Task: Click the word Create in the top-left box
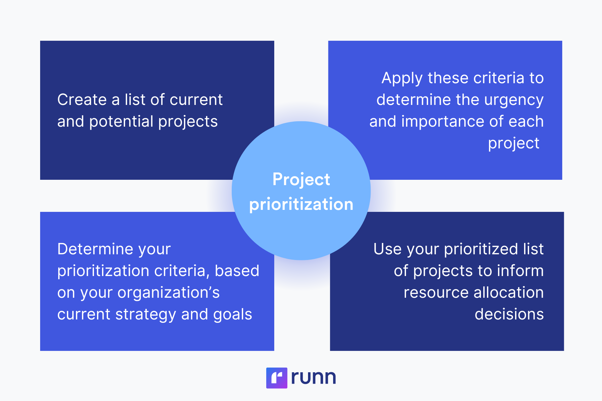[x=82, y=100]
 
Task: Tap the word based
[x=237, y=271]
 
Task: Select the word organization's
[x=169, y=293]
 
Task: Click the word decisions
[x=509, y=314]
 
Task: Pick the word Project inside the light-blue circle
[x=301, y=180]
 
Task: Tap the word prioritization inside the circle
[x=301, y=205]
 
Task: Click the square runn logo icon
[x=277, y=378]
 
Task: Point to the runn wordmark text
[x=313, y=378]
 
